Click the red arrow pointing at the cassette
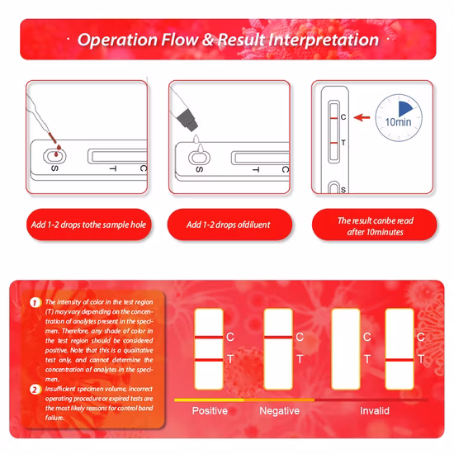click(362, 117)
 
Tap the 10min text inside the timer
click(398, 122)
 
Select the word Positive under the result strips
click(210, 411)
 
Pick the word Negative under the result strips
click(279, 411)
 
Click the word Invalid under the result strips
click(375, 411)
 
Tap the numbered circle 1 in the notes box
click(35, 303)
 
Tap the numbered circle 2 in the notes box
click(35, 390)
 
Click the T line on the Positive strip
click(209, 360)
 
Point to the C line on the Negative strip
click(278, 338)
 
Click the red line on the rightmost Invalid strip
click(400, 360)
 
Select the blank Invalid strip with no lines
click(346, 349)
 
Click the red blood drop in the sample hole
click(56, 154)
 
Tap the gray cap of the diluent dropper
click(187, 120)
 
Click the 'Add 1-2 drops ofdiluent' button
click(229, 225)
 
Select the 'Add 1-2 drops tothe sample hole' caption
click(88, 225)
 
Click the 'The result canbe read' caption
click(376, 220)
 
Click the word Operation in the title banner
click(117, 40)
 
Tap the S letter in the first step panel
click(54, 168)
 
